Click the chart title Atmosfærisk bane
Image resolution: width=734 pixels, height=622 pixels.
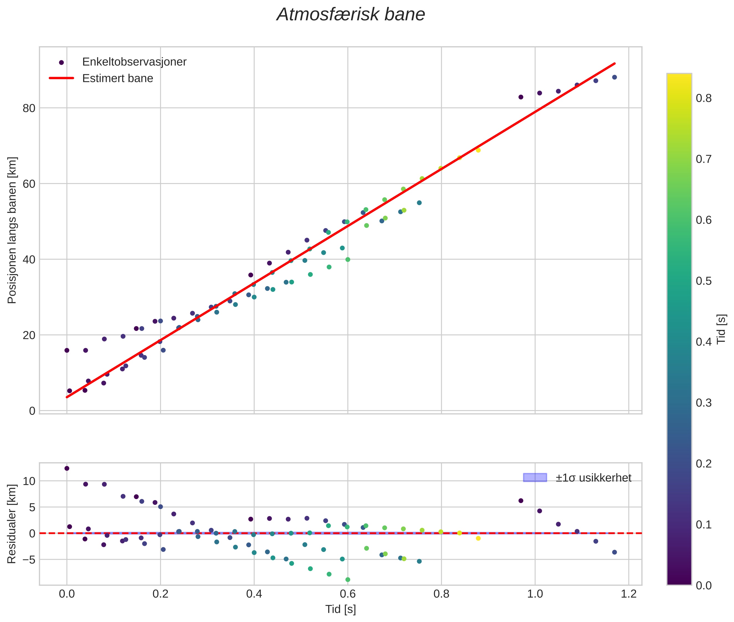coord(351,15)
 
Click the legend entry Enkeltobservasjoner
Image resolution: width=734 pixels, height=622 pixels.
coord(134,62)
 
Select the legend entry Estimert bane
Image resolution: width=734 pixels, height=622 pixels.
coord(117,78)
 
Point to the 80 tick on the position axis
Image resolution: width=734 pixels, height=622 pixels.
coord(29,108)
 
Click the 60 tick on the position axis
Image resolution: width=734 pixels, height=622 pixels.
coord(29,184)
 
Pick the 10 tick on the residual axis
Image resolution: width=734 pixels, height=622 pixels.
coord(29,481)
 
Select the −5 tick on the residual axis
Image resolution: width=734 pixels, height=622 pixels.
coord(28,560)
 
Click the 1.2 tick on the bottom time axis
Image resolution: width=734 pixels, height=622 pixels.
coord(628,594)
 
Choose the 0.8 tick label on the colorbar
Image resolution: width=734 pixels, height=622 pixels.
coord(704,98)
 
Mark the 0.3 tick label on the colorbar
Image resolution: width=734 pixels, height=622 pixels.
coord(704,403)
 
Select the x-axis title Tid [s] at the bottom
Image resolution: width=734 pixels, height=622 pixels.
coord(340,609)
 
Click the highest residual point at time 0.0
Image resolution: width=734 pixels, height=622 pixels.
coord(67,468)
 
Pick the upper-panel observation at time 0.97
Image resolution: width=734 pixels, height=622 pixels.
coord(521,97)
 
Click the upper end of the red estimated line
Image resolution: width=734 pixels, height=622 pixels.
coord(615,63)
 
